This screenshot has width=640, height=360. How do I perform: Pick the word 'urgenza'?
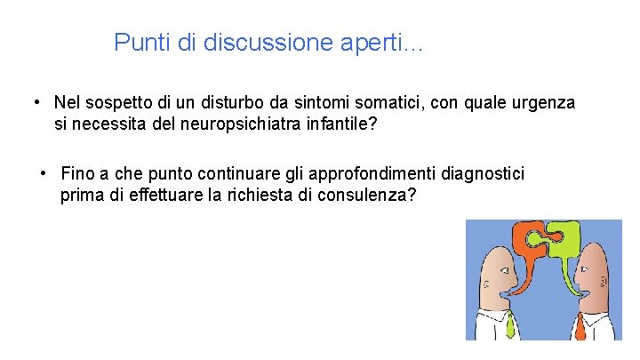(x=543, y=103)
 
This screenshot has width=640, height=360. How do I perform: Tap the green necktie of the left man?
(x=510, y=325)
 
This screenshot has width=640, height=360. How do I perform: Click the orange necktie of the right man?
(x=580, y=327)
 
